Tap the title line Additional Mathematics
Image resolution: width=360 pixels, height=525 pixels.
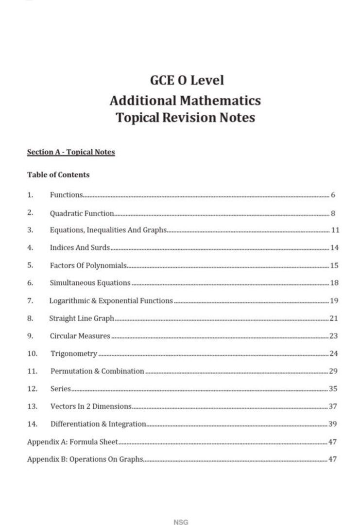[x=185, y=101]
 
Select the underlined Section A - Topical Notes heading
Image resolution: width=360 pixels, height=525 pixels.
[x=71, y=152]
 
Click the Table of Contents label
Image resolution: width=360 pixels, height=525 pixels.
[x=58, y=174]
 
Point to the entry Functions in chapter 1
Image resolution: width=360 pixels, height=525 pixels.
[x=67, y=195]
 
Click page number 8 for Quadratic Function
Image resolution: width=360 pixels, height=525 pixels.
[x=333, y=213]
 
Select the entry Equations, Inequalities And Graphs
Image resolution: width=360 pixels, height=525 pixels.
[x=108, y=230]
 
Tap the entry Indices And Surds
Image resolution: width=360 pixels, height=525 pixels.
[x=80, y=247]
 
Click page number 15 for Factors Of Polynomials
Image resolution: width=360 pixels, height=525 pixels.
[x=334, y=265]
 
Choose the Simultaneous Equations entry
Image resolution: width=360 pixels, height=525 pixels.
[x=90, y=283]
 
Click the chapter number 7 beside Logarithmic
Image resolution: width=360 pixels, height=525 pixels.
[x=30, y=300]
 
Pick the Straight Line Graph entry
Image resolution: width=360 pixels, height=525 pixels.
[x=82, y=318]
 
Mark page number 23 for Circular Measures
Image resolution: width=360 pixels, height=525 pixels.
[x=334, y=336]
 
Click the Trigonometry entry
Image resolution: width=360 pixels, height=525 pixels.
[x=74, y=353]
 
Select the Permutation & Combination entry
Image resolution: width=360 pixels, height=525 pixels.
[x=97, y=371]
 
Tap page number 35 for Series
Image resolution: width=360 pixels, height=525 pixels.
[x=333, y=389]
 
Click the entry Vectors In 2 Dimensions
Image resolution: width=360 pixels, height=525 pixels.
[x=91, y=406]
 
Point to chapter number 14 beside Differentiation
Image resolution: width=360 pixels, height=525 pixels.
[x=32, y=424]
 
